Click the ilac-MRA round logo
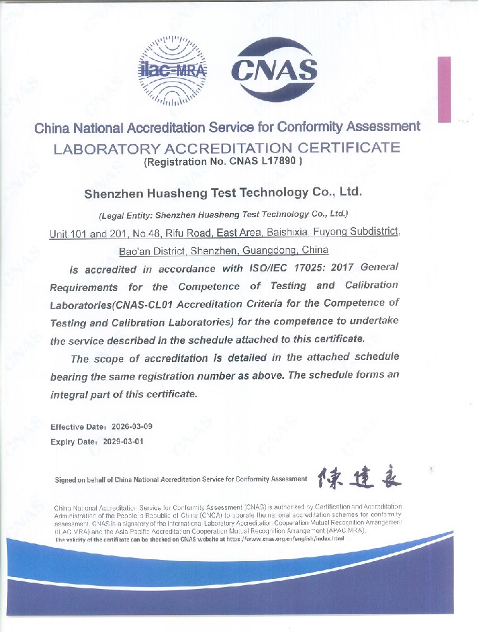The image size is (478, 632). click(173, 70)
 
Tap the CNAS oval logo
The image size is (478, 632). click(274, 70)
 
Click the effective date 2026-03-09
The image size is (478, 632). click(132, 426)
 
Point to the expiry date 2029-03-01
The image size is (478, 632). click(123, 442)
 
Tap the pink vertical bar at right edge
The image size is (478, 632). click(444, 89)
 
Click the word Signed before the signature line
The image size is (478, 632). click(66, 480)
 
